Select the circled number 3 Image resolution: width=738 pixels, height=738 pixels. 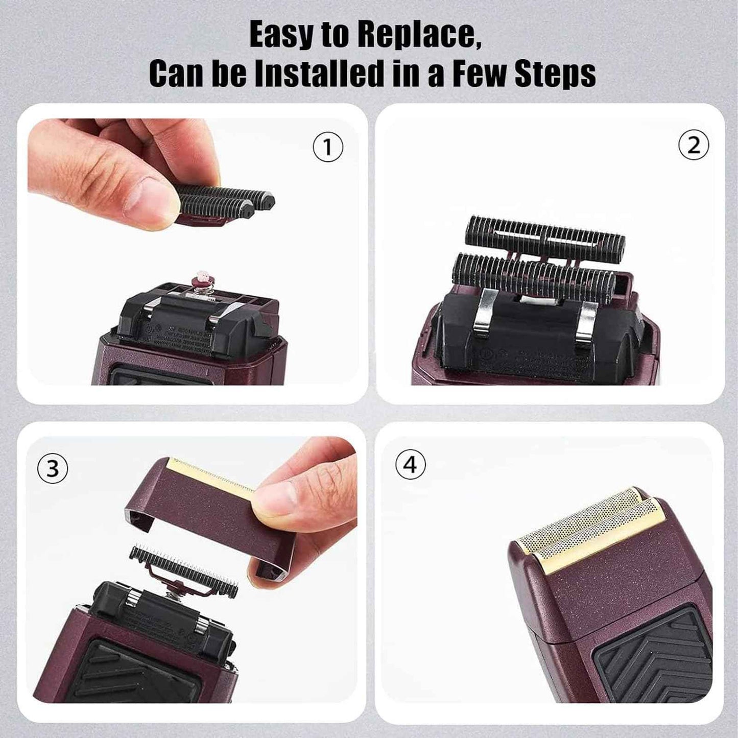coord(53,468)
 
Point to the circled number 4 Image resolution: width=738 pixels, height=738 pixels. coord(411,465)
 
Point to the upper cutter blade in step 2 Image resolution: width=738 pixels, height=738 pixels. coord(545,237)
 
